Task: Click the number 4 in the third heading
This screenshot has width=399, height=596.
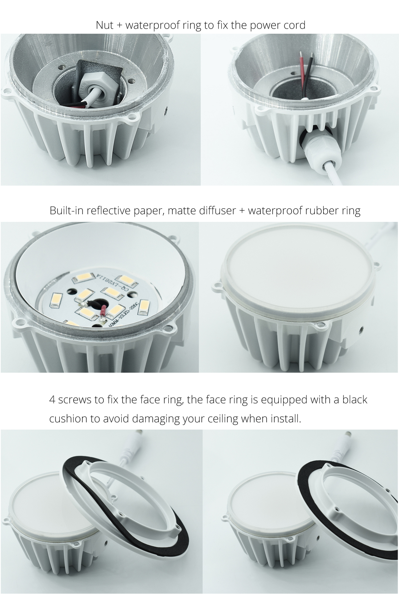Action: [52, 400]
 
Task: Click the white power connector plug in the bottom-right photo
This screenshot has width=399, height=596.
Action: [349, 435]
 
